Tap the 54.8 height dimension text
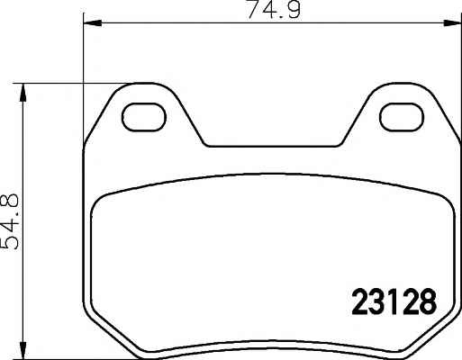tap(10, 221)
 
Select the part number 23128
tap(394, 301)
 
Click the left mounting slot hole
tap(144, 117)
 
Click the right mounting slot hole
tap(402, 117)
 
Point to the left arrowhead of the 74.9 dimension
tap(93, 22)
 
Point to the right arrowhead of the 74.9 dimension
tap(452, 22)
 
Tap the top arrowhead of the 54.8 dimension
tap(23, 93)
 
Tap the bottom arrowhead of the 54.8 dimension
tap(23, 349)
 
